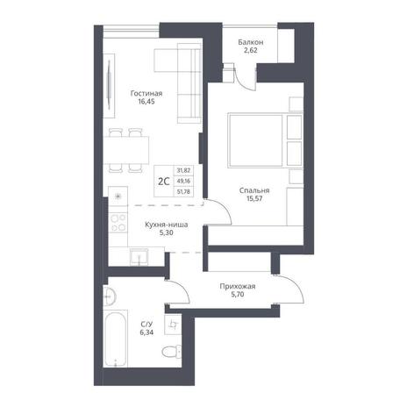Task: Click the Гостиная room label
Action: click(x=146, y=94)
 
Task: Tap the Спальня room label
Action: click(x=254, y=190)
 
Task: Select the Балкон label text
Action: click(x=251, y=42)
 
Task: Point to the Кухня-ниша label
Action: click(x=167, y=225)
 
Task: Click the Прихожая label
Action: click(x=238, y=286)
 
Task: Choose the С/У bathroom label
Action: click(x=146, y=325)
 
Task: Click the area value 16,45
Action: click(x=146, y=102)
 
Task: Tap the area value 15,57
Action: click(x=254, y=198)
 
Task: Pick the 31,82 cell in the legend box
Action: click(x=183, y=170)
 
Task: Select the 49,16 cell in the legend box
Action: click(x=183, y=181)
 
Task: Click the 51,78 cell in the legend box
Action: click(x=183, y=191)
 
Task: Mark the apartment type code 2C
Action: click(x=164, y=182)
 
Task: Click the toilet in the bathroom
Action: click(x=172, y=351)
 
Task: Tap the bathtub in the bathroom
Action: click(x=116, y=338)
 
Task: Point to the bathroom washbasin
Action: click(x=110, y=296)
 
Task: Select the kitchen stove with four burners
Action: click(x=118, y=223)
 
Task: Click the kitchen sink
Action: click(x=139, y=257)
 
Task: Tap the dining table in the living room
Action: click(x=126, y=150)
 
